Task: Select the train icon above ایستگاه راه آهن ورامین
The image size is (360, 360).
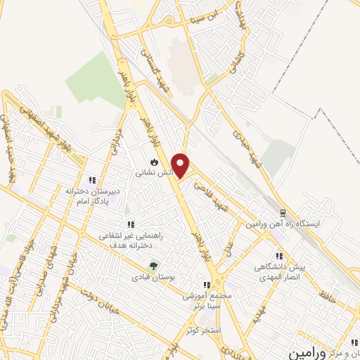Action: (283, 212)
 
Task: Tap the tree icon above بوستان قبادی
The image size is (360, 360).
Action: (154, 266)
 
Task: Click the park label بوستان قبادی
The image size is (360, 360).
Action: (154, 277)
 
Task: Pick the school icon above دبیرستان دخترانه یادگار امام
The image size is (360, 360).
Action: (91, 180)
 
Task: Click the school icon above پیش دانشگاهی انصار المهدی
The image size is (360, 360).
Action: (278, 257)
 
